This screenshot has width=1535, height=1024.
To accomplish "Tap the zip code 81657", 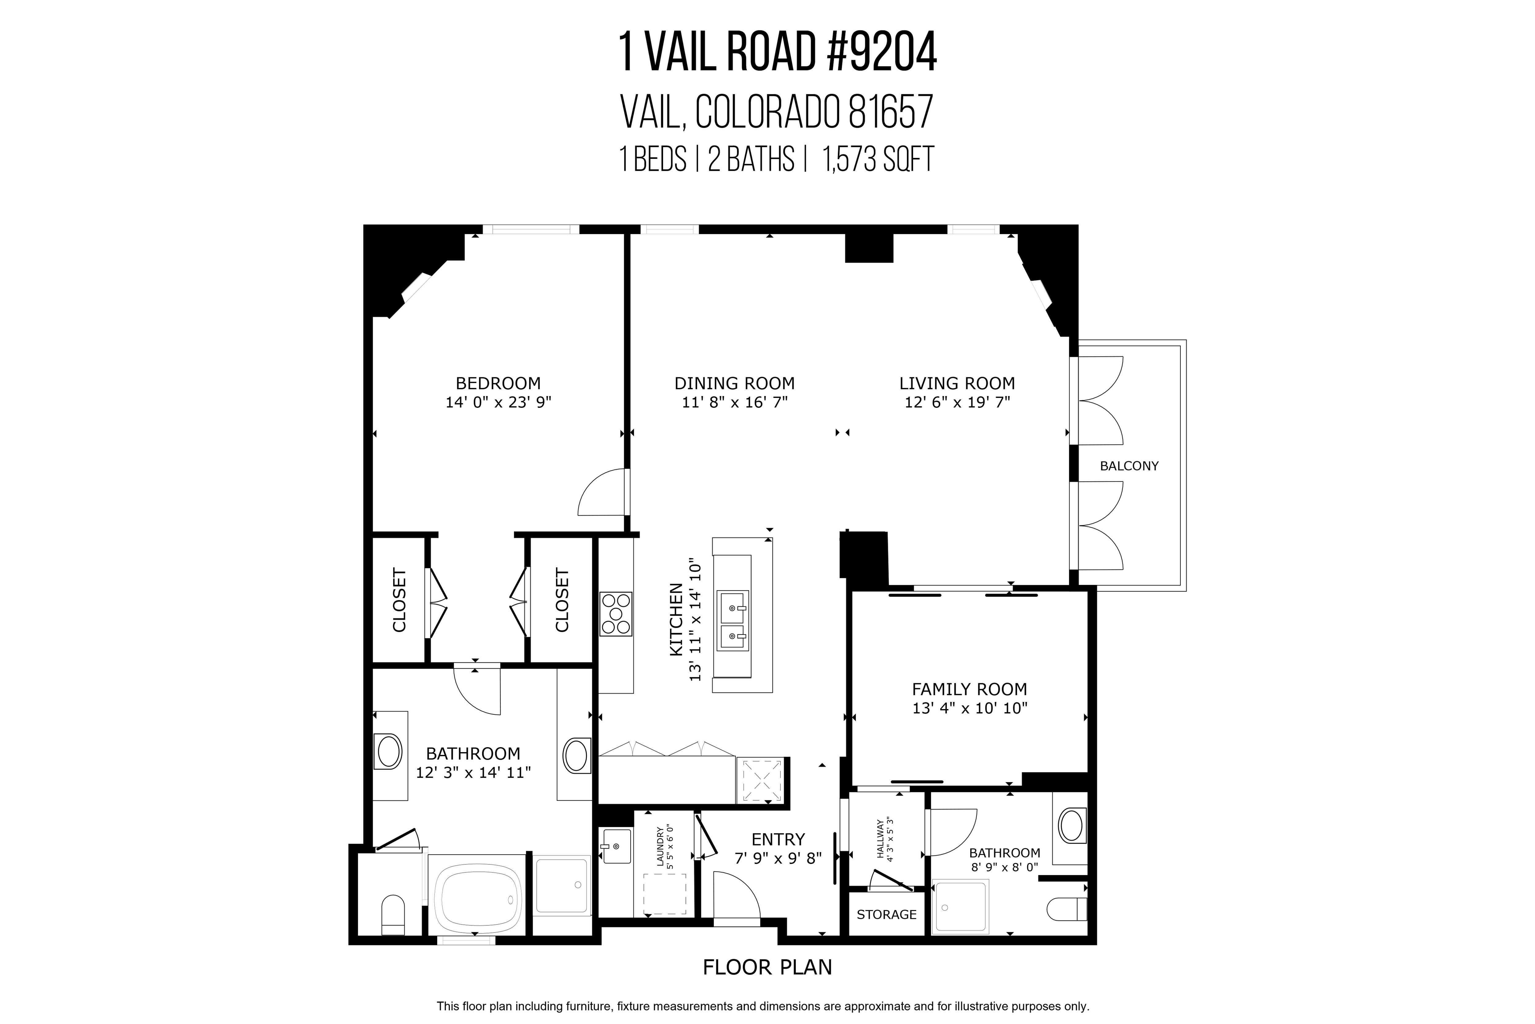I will pos(891,112).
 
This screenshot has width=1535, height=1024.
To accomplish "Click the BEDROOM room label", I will pos(498,383).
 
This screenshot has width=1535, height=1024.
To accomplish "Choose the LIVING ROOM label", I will pos(957,383).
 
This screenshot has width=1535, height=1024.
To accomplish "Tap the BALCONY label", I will pos(1129,466).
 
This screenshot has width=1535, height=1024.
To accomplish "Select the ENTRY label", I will pos(778,839).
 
